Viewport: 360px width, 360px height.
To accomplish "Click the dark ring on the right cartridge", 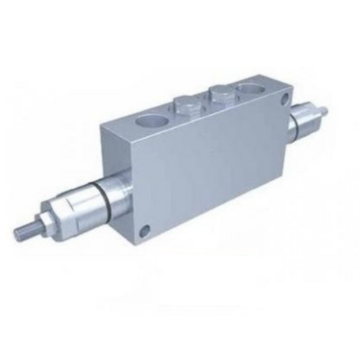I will (303, 122).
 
